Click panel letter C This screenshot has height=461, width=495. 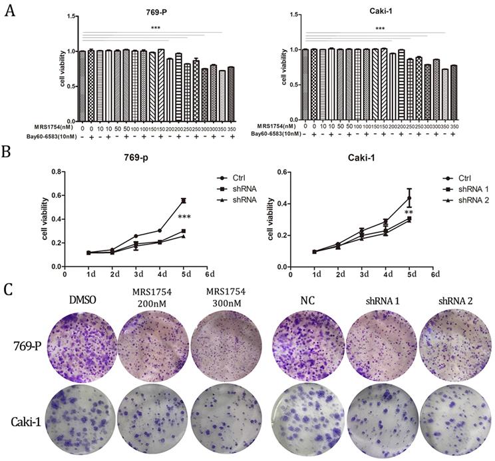(9, 290)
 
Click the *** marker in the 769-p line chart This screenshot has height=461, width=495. (185, 218)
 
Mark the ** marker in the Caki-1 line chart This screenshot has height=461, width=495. (409, 213)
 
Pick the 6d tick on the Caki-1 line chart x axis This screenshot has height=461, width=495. (434, 272)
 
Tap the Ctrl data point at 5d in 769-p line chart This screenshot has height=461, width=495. (183, 201)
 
